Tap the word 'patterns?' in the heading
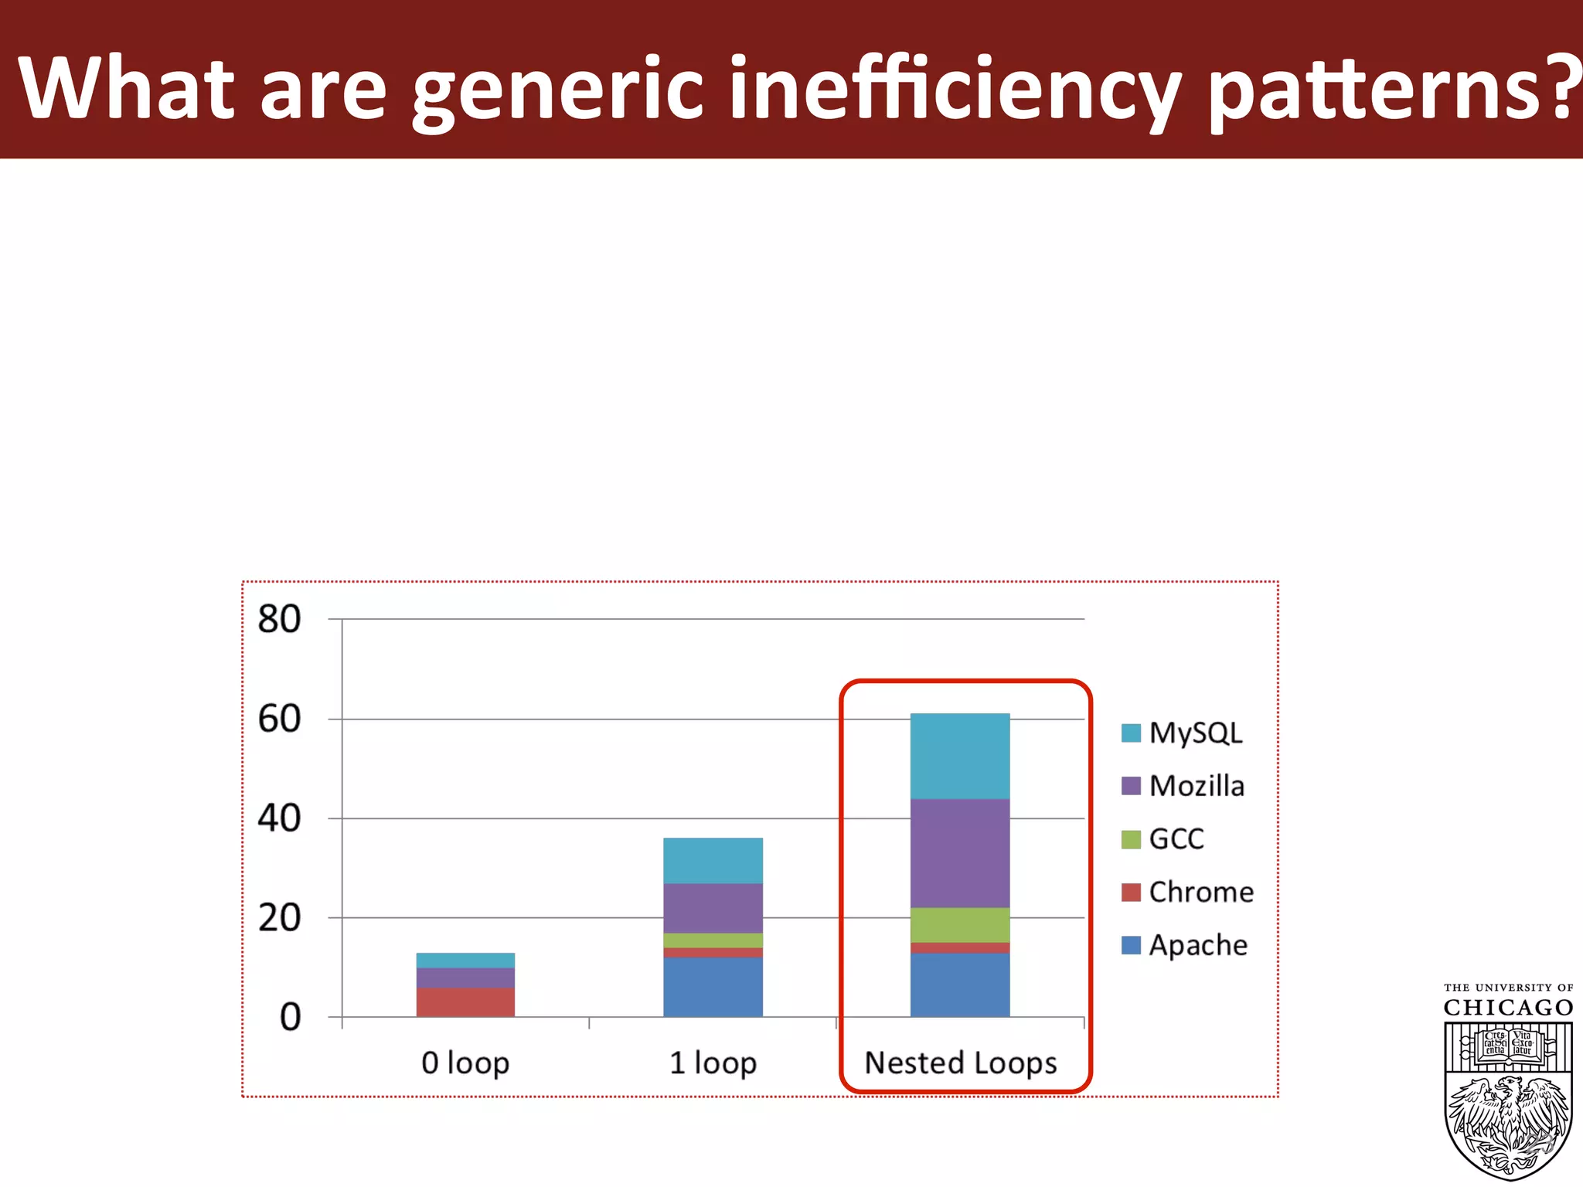[1391, 89]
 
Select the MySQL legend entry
[1183, 733]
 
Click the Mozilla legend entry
[1183, 786]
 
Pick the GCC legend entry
[1163, 838]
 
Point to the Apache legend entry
[1185, 945]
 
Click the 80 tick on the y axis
[279, 619]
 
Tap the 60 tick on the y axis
[279, 719]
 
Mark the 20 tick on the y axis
[279, 918]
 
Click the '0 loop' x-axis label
[465, 1063]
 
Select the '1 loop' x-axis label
[713, 1063]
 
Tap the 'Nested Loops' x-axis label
[960, 1063]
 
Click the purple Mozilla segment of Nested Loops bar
[960, 853]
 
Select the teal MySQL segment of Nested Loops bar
[960, 756]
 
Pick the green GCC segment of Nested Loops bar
[960, 925]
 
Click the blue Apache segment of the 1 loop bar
[713, 987]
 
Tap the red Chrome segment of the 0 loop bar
[465, 1002]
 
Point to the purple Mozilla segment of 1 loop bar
[713, 908]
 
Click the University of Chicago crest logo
[1508, 1097]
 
